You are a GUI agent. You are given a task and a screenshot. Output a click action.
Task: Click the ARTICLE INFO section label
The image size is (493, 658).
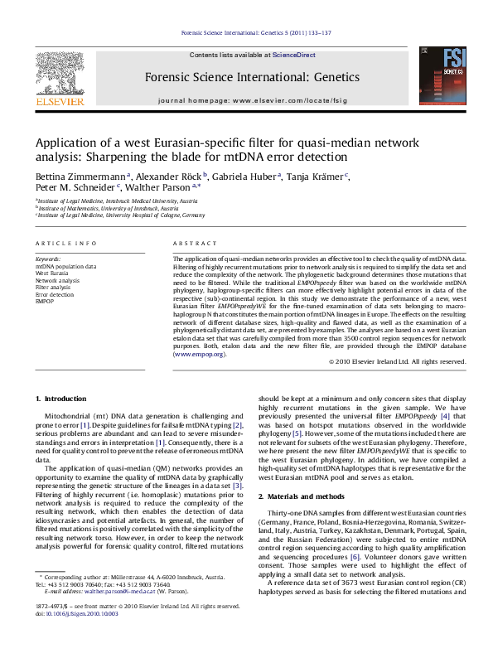[67, 242]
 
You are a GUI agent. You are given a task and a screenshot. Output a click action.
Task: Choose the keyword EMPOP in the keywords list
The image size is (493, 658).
[45, 301]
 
